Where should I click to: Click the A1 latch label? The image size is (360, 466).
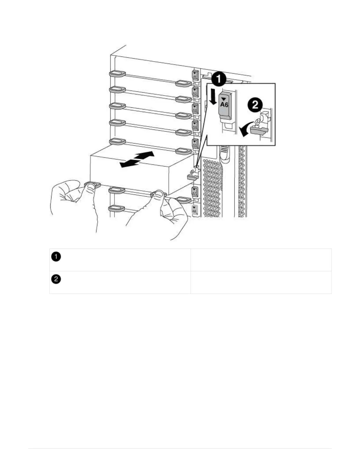(195, 75)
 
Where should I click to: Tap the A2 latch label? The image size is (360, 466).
(195, 91)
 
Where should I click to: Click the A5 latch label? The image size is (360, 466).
(195, 143)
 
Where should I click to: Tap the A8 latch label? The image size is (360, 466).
(194, 210)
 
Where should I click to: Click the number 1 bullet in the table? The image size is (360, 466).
(56, 257)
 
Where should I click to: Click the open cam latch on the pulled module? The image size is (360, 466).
(192, 174)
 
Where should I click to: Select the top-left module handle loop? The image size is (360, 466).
(117, 73)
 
